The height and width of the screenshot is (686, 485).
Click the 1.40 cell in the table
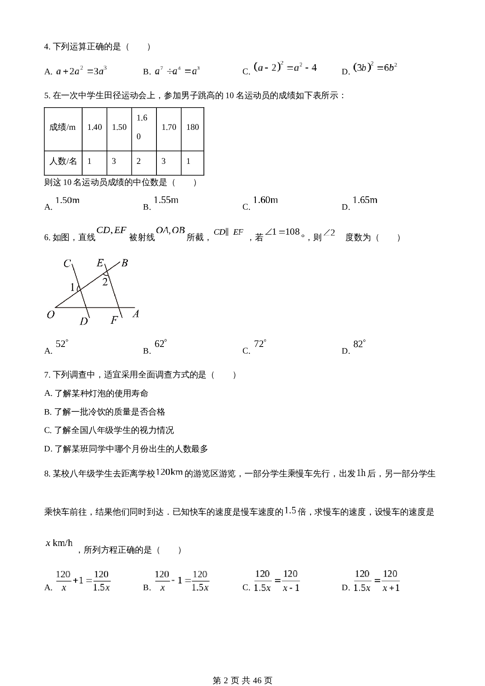click(94, 127)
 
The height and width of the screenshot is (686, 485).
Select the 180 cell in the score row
click(192, 127)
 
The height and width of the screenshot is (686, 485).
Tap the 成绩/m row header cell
click(63, 127)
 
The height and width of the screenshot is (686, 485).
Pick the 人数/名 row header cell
click(63, 161)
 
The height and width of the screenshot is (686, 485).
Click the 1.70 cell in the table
click(169, 127)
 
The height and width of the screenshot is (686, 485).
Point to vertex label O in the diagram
click(50, 315)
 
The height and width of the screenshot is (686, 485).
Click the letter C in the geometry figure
click(67, 264)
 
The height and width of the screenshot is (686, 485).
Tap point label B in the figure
click(124, 263)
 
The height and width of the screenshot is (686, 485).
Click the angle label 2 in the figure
click(105, 282)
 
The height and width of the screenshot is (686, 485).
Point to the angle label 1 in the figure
click(72, 288)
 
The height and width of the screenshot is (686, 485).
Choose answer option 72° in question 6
click(260, 344)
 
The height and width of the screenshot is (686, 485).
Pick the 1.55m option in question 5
click(166, 200)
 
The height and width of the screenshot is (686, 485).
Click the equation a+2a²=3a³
click(81, 71)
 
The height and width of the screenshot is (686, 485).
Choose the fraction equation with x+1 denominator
click(376, 581)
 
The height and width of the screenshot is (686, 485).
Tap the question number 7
click(47, 375)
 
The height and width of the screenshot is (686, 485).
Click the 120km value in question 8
click(169, 472)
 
